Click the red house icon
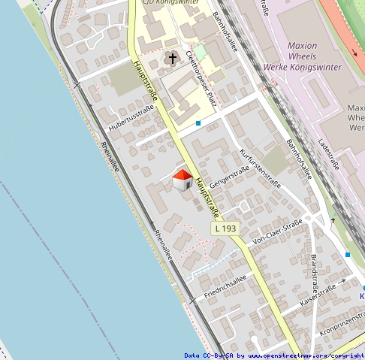(x=182, y=180)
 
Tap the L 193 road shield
(x=224, y=228)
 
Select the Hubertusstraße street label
(x=131, y=118)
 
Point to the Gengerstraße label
(x=230, y=178)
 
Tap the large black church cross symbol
(x=172, y=58)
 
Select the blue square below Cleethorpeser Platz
(x=198, y=123)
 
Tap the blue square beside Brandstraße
(x=348, y=255)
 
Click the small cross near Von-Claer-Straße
(x=333, y=220)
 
